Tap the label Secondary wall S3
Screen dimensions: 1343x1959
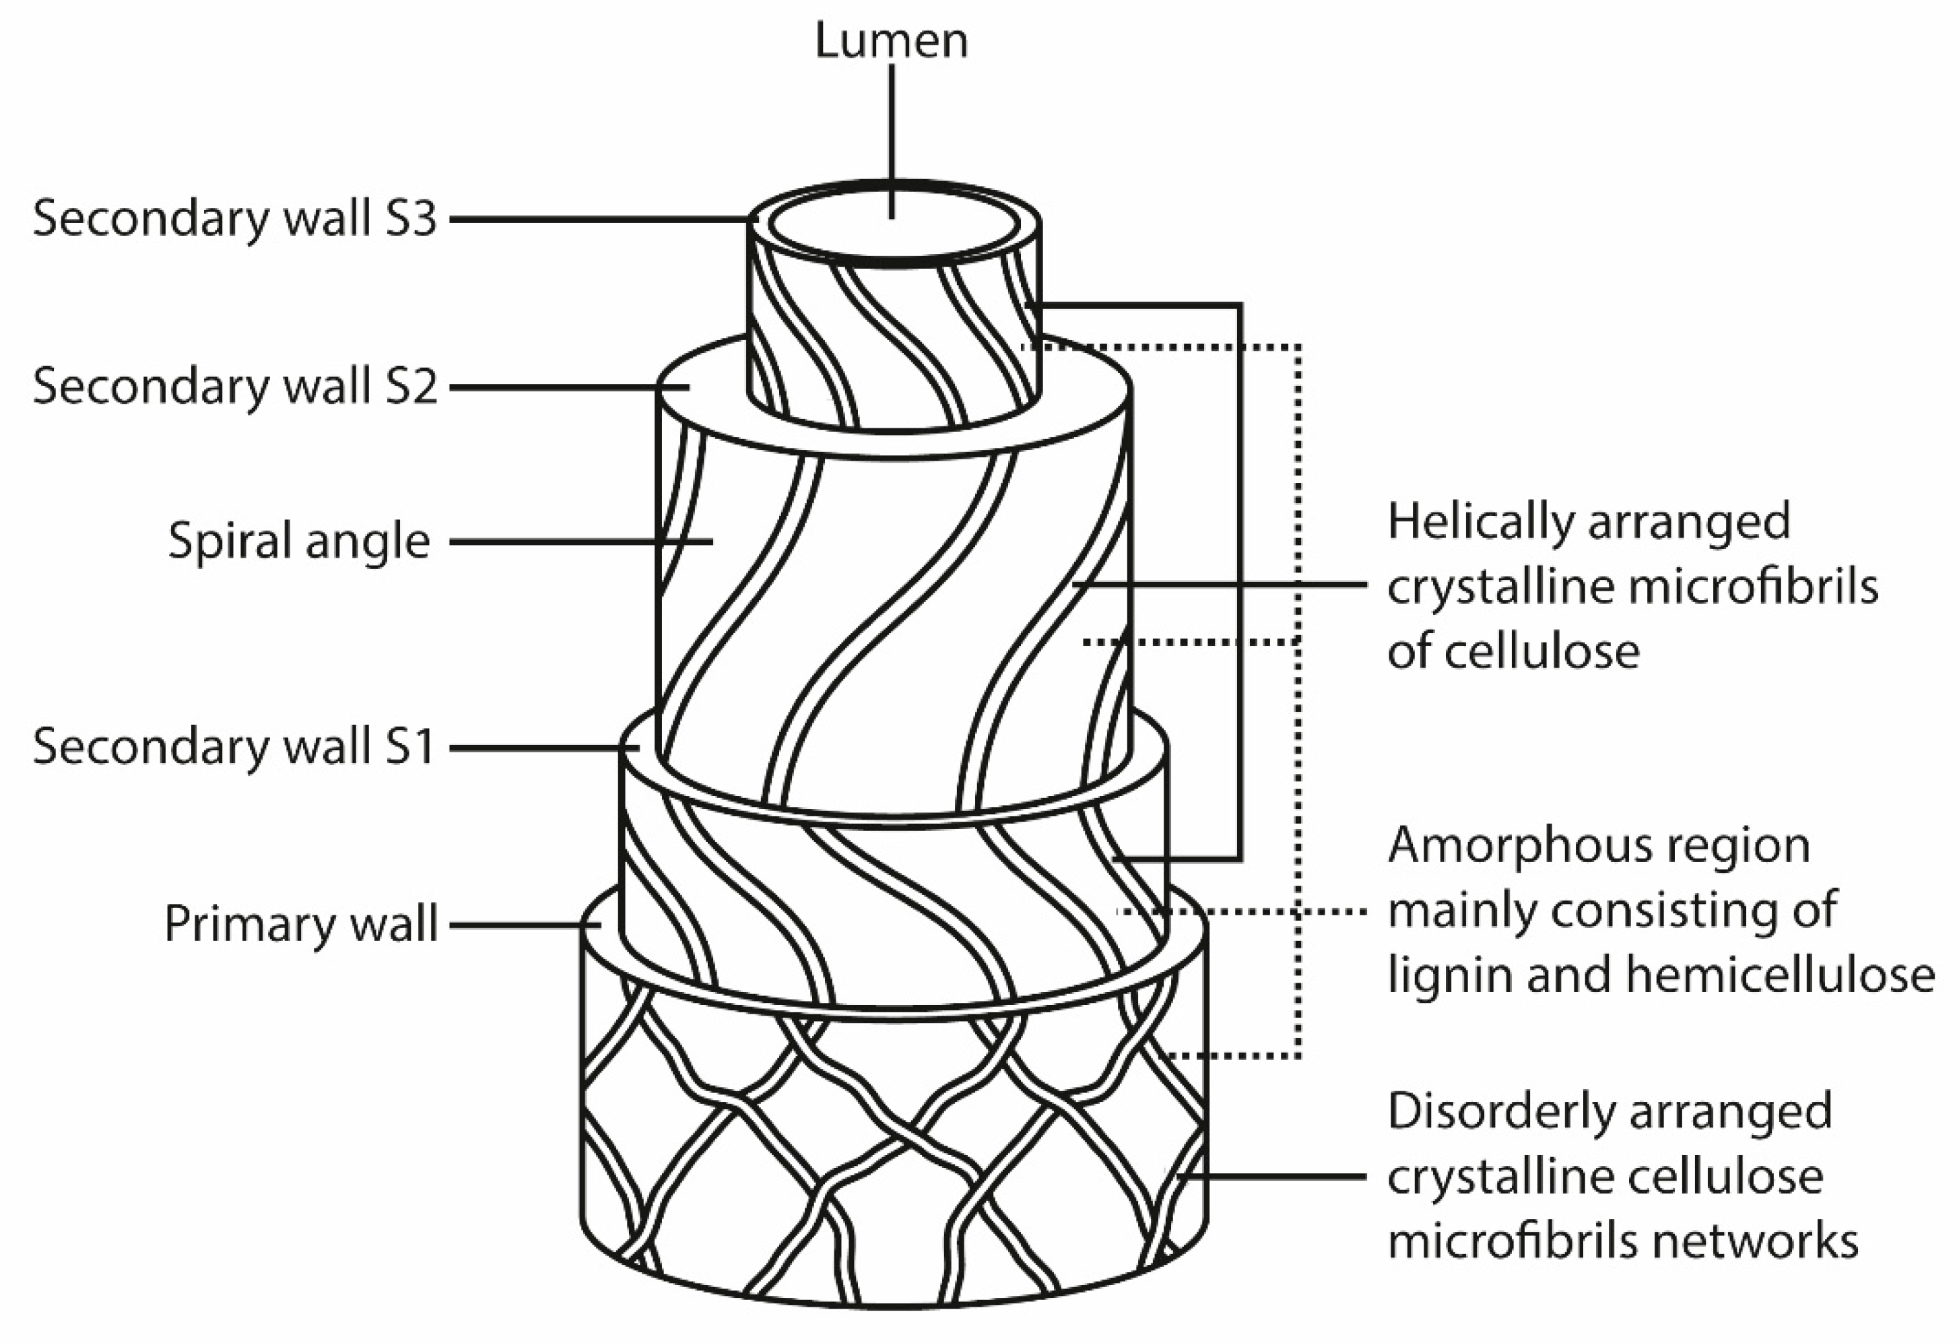[234, 218]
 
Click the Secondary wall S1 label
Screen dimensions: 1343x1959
[234, 747]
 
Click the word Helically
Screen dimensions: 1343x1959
[1480, 523]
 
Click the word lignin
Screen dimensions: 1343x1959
[1441, 975]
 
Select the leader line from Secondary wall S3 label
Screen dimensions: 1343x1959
[590, 219]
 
